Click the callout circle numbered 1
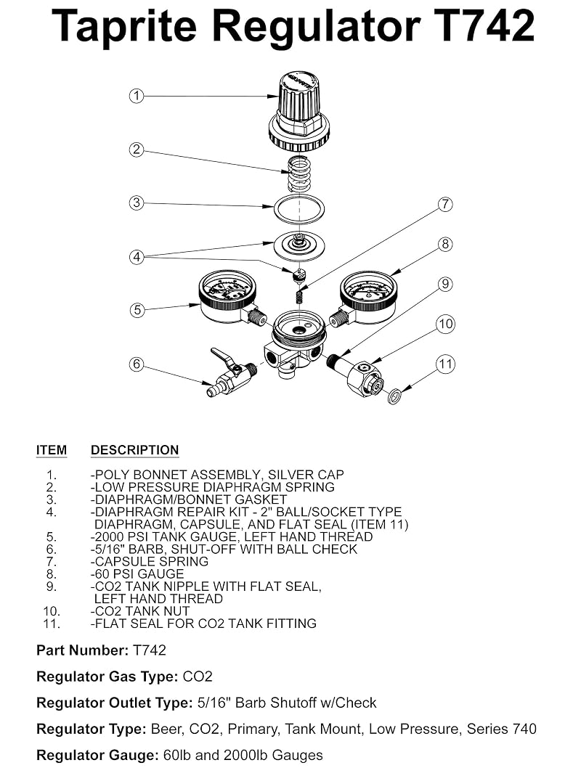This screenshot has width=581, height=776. [x=137, y=96]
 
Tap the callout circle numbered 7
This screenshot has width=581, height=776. [x=445, y=204]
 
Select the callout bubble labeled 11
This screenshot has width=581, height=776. [x=445, y=364]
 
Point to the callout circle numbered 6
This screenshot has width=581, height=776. [x=137, y=364]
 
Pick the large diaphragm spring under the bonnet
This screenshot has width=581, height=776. [x=299, y=173]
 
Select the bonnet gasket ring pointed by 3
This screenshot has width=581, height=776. [x=299, y=209]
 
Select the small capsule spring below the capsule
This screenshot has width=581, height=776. [x=299, y=297]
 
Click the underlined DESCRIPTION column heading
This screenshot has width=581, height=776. [x=135, y=450]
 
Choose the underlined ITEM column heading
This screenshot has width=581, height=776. [x=52, y=450]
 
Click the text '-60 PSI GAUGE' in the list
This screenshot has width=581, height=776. [x=137, y=574]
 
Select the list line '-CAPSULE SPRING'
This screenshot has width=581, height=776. [x=150, y=562]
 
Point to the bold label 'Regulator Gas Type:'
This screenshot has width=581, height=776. [x=107, y=677]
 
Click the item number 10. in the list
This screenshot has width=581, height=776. [x=52, y=611]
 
